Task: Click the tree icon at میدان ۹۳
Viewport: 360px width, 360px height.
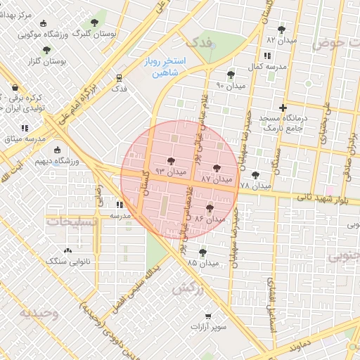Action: [x=172, y=162]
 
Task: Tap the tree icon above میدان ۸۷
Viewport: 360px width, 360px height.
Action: [x=216, y=168]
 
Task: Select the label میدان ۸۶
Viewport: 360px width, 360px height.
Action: [x=209, y=219]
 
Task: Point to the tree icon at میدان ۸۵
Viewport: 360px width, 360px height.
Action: [x=203, y=252]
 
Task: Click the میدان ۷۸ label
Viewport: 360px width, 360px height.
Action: [x=255, y=186]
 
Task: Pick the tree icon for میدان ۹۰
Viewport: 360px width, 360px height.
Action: [x=231, y=75]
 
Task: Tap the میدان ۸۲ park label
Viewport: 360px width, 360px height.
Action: [x=281, y=41]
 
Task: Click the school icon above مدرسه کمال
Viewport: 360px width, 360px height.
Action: [x=266, y=56]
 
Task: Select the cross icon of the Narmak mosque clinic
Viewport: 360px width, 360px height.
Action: [x=283, y=108]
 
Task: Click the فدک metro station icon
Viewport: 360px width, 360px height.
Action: [x=120, y=78]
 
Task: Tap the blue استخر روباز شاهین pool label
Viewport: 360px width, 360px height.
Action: [x=167, y=67]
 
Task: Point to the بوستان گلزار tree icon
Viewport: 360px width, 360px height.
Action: [x=46, y=50]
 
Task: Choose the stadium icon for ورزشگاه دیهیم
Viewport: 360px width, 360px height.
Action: [x=57, y=150]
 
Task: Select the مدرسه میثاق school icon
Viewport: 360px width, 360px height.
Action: [x=25, y=129]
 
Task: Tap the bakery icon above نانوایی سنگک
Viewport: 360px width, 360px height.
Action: [x=67, y=250]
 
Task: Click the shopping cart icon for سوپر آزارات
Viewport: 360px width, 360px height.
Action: [x=207, y=316]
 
